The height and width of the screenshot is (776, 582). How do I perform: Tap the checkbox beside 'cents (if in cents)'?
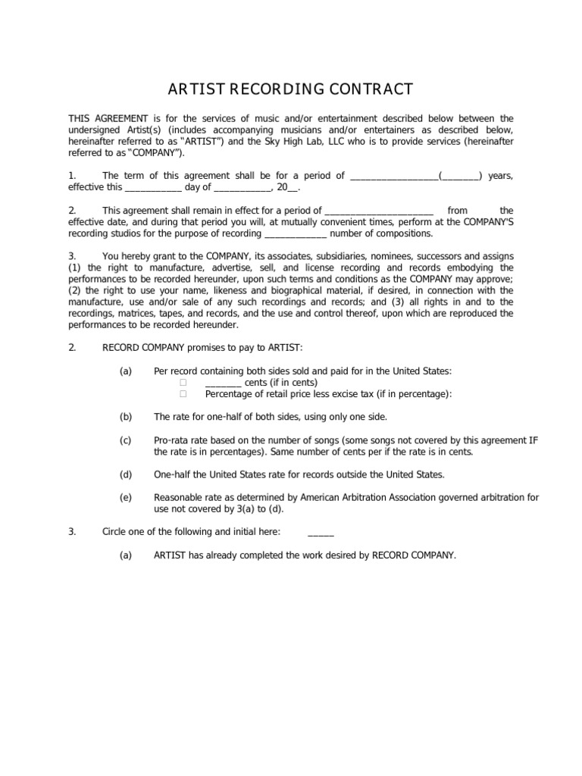(x=183, y=383)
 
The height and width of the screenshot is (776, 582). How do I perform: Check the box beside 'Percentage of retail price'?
(x=183, y=394)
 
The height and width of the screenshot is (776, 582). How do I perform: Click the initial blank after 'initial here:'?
(x=321, y=532)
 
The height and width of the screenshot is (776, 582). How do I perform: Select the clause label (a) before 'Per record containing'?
(x=126, y=371)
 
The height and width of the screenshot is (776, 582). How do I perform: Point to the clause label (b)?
(x=126, y=417)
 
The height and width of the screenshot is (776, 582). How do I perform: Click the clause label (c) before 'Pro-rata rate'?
(x=126, y=440)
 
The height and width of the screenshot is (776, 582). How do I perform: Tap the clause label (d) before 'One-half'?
(x=126, y=474)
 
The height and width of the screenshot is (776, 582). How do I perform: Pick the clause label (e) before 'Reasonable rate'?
(x=126, y=497)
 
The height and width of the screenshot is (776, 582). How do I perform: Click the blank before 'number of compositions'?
(x=284, y=234)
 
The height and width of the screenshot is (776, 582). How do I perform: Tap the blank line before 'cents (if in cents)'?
(x=223, y=383)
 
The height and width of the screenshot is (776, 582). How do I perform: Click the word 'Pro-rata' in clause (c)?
(x=171, y=440)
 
